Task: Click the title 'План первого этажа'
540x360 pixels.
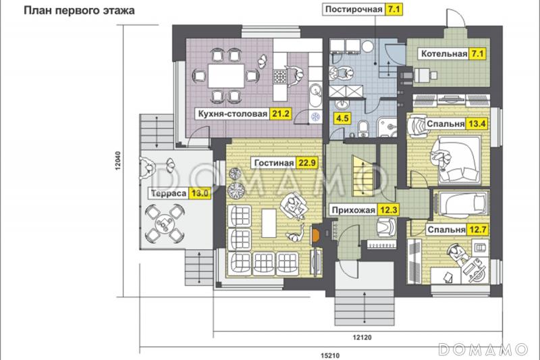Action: pyautogui.click(x=79, y=11)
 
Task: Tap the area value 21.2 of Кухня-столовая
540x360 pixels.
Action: pyautogui.click(x=281, y=113)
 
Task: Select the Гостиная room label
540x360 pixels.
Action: pyautogui.click(x=274, y=163)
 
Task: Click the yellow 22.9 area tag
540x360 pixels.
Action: pyautogui.click(x=306, y=163)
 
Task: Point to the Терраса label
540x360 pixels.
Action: pyautogui.click(x=169, y=193)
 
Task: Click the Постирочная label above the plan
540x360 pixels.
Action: pyautogui.click(x=354, y=9)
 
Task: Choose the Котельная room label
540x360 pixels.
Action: pyautogui.click(x=444, y=54)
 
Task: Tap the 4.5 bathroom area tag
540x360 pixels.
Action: pyautogui.click(x=342, y=118)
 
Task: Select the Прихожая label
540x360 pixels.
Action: pyautogui.click(x=353, y=210)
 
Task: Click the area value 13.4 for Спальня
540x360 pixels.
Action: pyautogui.click(x=477, y=124)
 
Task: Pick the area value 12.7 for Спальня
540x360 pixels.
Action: pyautogui.click(x=477, y=230)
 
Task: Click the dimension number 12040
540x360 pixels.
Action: pyautogui.click(x=118, y=161)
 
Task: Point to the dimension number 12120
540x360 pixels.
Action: pyautogui.click(x=362, y=338)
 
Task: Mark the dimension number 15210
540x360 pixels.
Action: pyautogui.click(x=330, y=355)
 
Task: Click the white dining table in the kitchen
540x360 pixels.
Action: pyautogui.click(x=226, y=76)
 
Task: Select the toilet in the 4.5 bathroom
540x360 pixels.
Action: pyautogui.click(x=363, y=128)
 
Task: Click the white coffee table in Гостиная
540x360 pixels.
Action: pyautogui.click(x=269, y=224)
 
